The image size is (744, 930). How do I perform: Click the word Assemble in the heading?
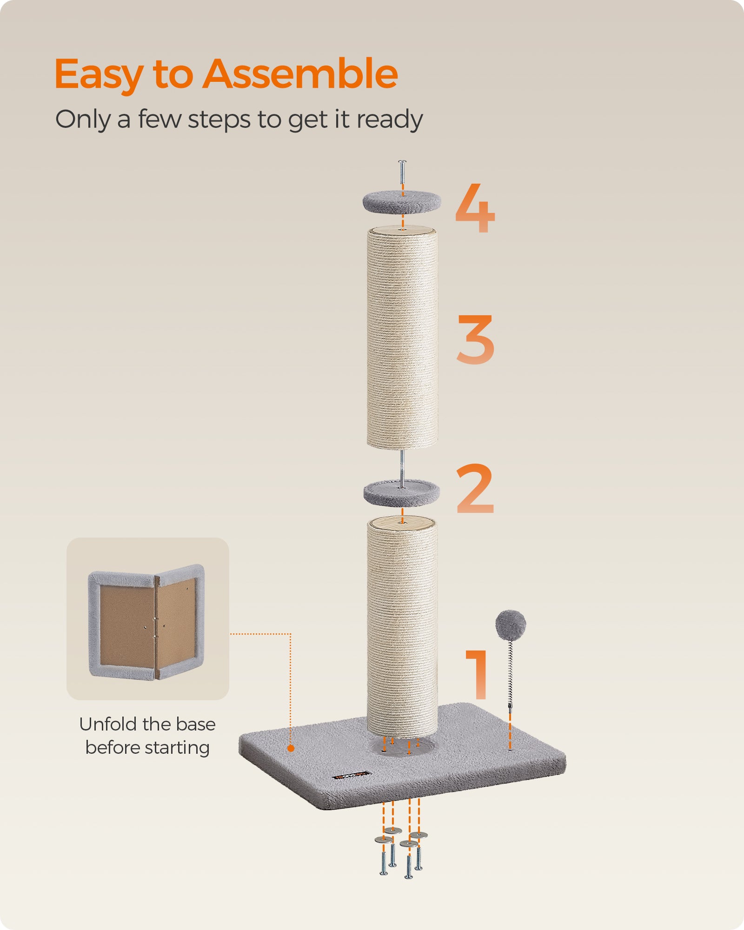300,74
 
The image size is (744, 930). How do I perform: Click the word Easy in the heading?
98,74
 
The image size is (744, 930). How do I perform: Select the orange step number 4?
475,208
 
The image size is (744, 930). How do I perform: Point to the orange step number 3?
475,339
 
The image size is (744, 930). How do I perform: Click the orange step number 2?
475,489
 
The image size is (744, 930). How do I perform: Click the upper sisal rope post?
402,339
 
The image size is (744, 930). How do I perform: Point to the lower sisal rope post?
402,628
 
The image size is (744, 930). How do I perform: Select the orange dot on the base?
291,748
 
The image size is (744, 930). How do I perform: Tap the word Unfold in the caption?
108,724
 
